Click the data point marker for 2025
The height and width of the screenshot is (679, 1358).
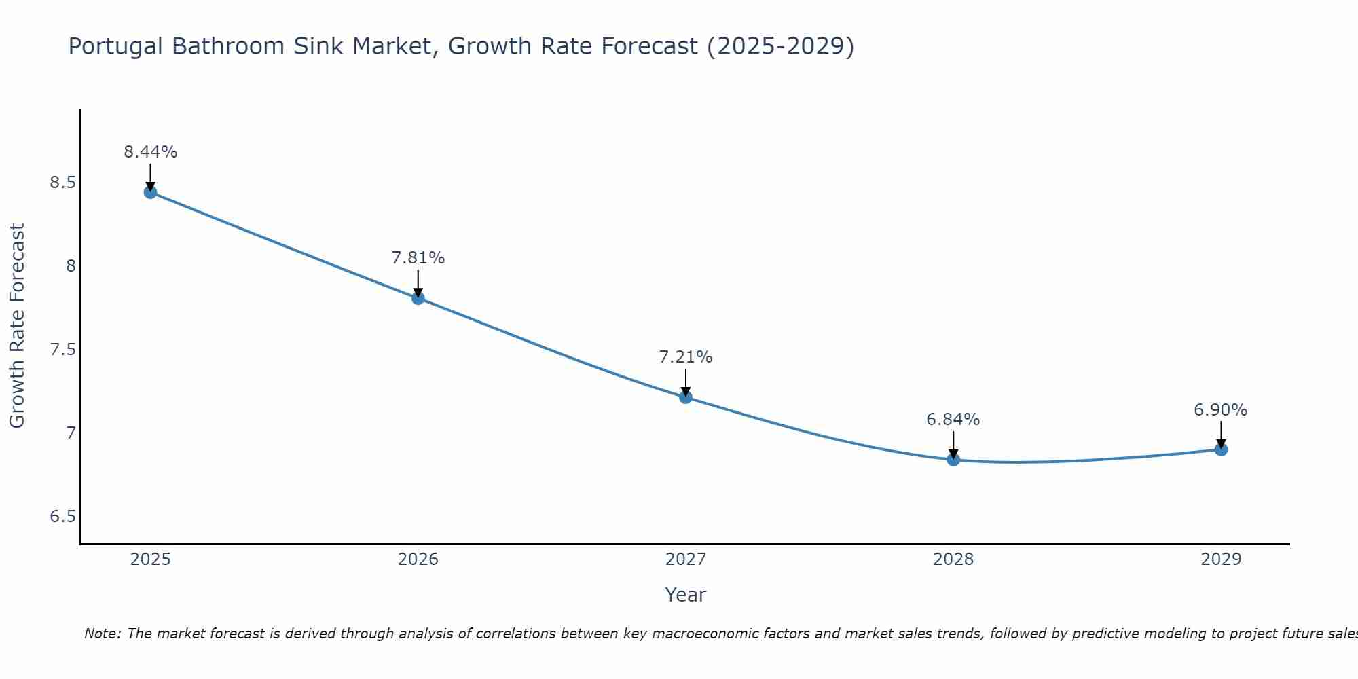pyautogui.click(x=150, y=192)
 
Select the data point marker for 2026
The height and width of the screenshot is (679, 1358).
pyautogui.click(x=418, y=298)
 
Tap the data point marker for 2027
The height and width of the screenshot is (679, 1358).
pyautogui.click(x=685, y=397)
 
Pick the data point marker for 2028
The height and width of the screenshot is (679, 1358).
pyautogui.click(x=953, y=460)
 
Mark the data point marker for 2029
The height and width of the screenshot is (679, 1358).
pyautogui.click(x=1220, y=449)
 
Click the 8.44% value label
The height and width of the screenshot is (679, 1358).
pyautogui.click(x=150, y=152)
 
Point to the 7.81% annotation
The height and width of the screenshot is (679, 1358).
pyautogui.click(x=418, y=258)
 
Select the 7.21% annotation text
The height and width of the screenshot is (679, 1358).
pyautogui.click(x=685, y=357)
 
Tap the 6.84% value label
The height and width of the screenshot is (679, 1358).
pyautogui.click(x=953, y=420)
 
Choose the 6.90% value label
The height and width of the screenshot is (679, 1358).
pyautogui.click(x=1220, y=410)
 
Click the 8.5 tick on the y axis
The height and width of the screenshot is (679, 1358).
pyautogui.click(x=62, y=183)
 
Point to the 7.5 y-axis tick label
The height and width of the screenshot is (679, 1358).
pyautogui.click(x=62, y=350)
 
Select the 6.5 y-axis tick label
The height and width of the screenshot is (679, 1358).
pyautogui.click(x=62, y=517)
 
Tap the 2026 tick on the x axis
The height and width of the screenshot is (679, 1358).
pyautogui.click(x=418, y=559)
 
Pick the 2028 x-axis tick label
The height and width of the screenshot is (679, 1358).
pyautogui.click(x=953, y=559)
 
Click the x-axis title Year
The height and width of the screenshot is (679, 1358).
pyautogui.click(x=685, y=595)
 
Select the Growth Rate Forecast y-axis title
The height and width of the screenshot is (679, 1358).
pyautogui.click(x=17, y=326)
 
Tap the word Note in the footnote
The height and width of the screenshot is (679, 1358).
pyautogui.click(x=101, y=634)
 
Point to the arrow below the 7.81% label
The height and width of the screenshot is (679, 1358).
pyautogui.click(x=418, y=282)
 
